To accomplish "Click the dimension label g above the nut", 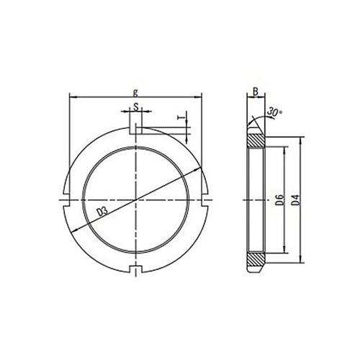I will coord(136,91).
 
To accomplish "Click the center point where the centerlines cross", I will coord(136,199).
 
